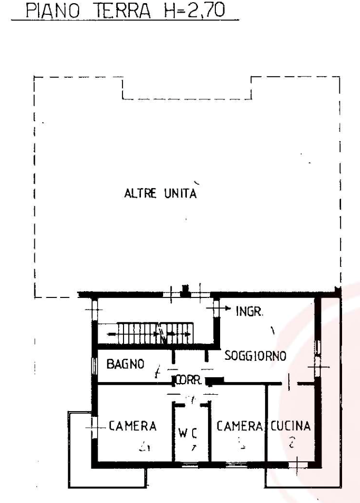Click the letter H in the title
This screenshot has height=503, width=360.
pyautogui.click(x=169, y=12)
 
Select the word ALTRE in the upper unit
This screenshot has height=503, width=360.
pyautogui.click(x=139, y=194)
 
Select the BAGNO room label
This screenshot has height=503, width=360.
pyautogui.click(x=125, y=364)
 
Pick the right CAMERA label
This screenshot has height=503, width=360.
pyautogui.click(x=239, y=426)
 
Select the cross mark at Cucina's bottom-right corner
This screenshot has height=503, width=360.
pyautogui.click(x=299, y=464)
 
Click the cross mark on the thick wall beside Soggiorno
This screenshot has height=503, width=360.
pyautogui.click(x=318, y=366)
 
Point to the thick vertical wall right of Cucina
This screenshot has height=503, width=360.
pyautogui.click(x=318, y=412)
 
